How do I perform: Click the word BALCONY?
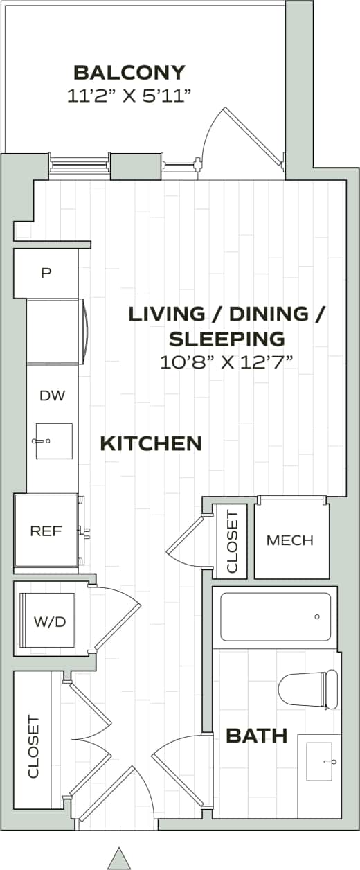click(129, 72)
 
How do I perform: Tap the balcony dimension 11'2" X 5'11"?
click(129, 96)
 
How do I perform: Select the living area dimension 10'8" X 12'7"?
click(227, 362)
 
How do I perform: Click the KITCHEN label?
click(151, 443)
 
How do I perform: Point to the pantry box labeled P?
click(46, 273)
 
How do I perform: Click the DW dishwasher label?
click(52, 396)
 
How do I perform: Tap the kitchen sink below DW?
click(54, 441)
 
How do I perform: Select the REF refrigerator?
click(46, 531)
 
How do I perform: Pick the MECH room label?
click(290, 540)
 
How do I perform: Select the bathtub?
click(276, 616)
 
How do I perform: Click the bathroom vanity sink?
click(320, 761)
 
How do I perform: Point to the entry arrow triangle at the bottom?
click(120, 858)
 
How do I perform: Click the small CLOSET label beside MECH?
click(232, 542)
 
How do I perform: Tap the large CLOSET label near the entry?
click(33, 747)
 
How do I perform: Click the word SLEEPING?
click(227, 338)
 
